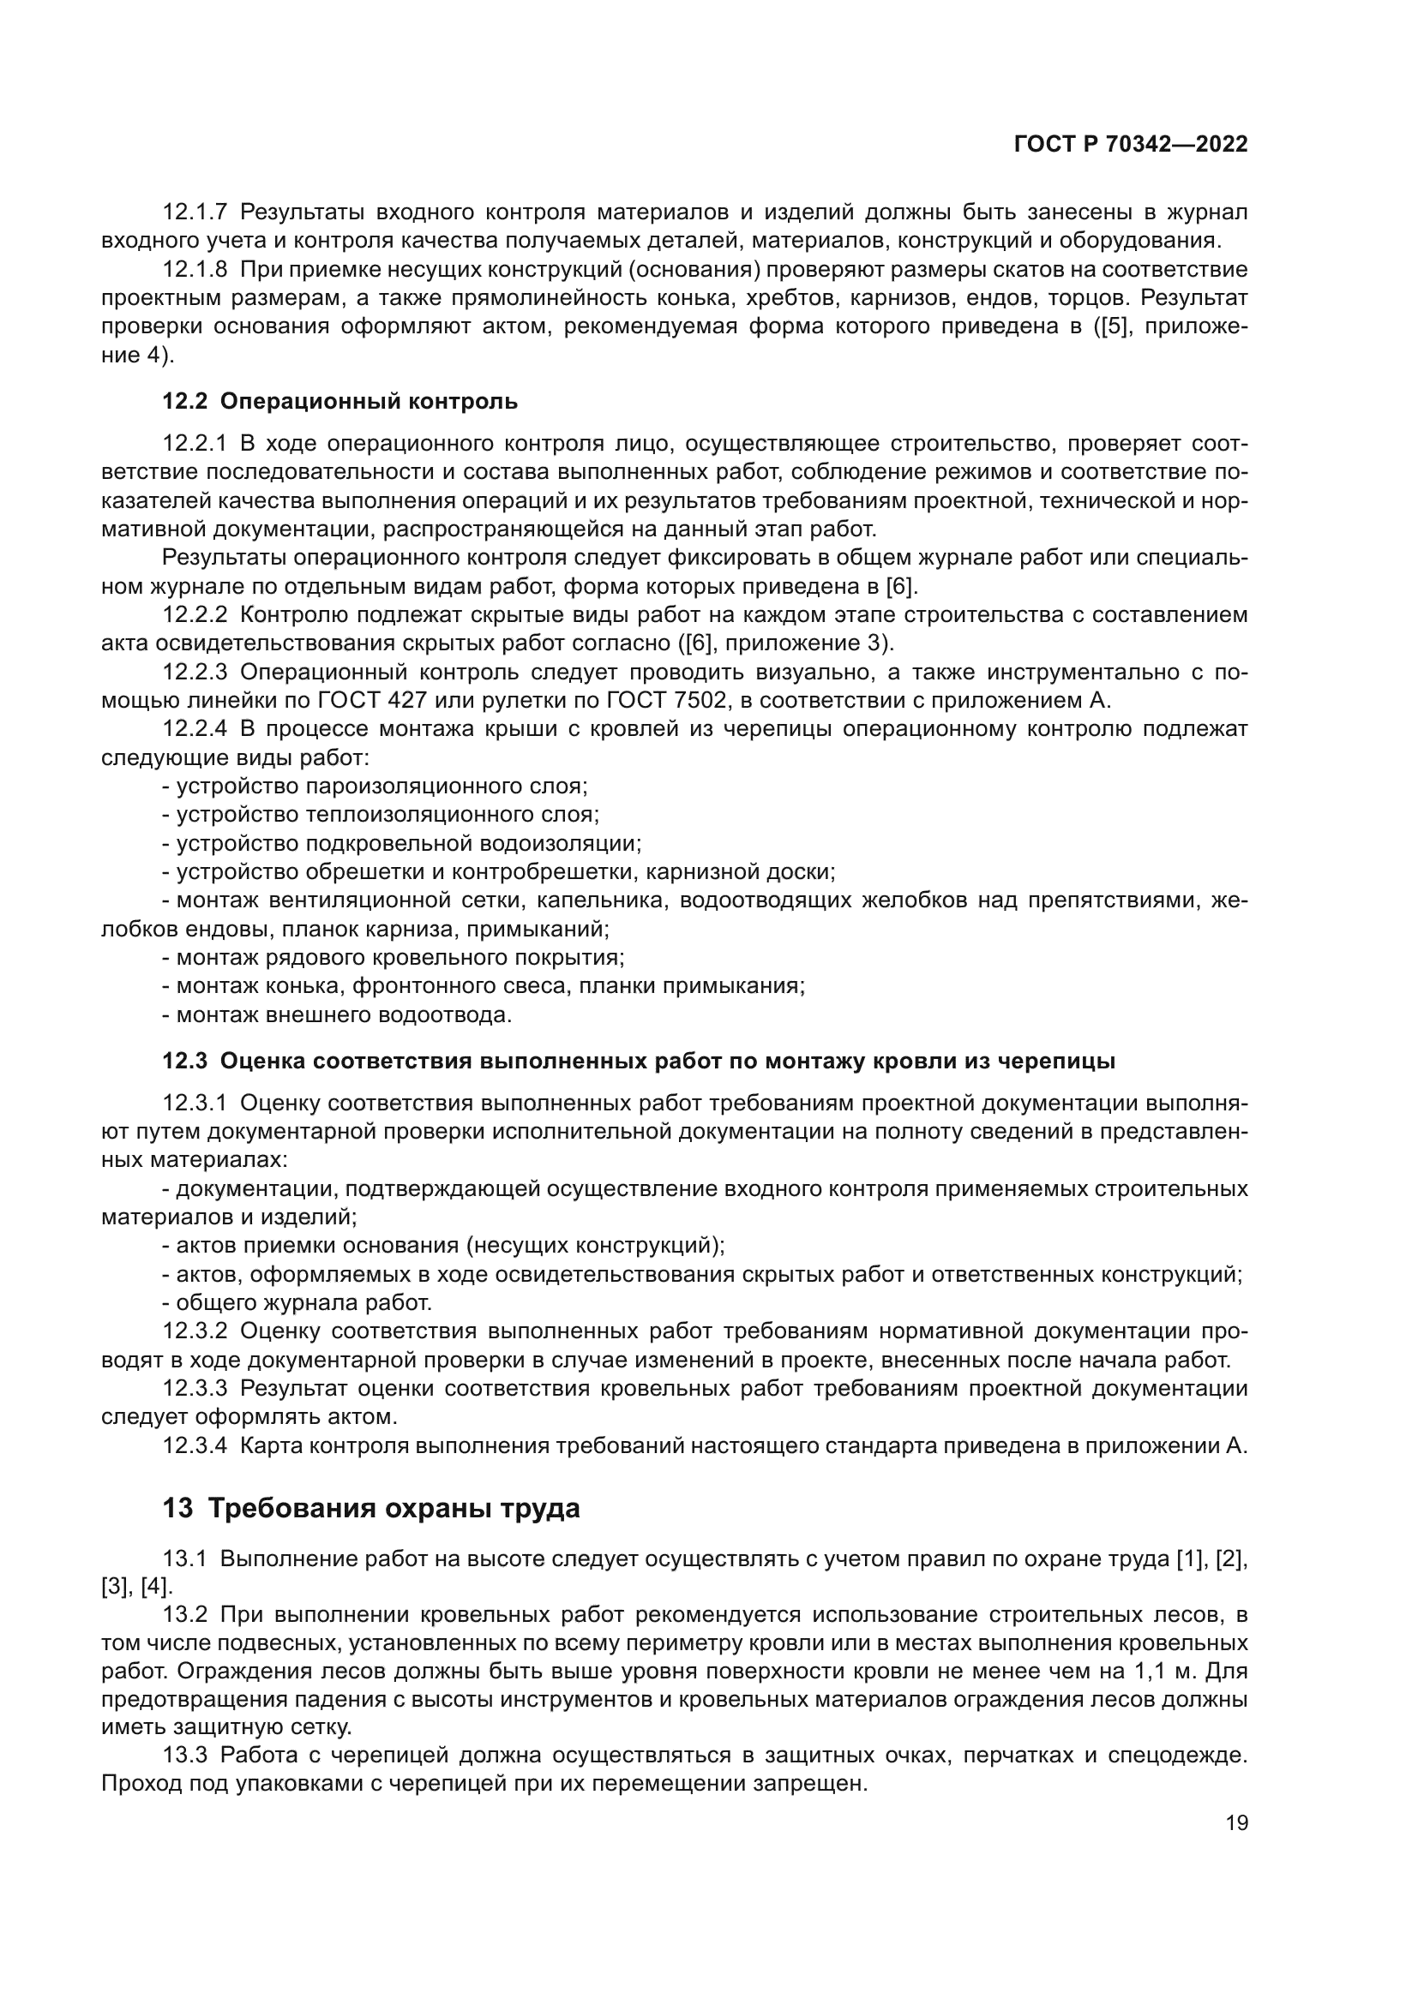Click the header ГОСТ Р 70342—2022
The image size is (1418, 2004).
[1131, 145]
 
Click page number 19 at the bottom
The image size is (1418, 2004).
[1236, 1823]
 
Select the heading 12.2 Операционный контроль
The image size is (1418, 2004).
[339, 402]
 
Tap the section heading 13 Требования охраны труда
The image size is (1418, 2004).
[371, 1508]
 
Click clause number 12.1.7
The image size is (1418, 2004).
[195, 212]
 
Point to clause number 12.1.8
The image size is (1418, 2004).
[195, 270]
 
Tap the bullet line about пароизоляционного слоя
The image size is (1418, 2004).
[376, 787]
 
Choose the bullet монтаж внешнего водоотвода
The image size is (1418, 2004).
[337, 1015]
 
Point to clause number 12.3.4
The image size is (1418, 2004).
[195, 1446]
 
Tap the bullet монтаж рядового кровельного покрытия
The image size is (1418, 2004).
[394, 958]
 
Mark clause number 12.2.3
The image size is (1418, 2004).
[195, 672]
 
